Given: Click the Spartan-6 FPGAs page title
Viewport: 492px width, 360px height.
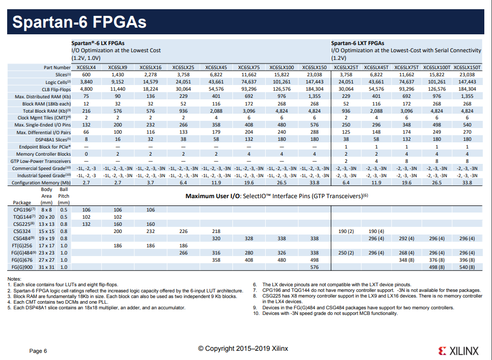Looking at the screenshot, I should [x=79, y=23].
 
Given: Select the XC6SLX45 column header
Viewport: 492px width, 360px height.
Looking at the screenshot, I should [x=216, y=67].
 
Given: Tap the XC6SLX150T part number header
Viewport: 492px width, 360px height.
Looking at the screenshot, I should [x=467, y=67].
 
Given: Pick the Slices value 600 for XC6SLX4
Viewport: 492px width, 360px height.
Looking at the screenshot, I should [x=86, y=75].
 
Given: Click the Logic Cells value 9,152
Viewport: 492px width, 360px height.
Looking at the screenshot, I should [x=118, y=82].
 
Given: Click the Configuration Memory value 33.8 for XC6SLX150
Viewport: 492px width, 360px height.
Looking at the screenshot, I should [x=314, y=182].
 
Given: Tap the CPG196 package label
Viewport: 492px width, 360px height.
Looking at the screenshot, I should [x=24, y=210].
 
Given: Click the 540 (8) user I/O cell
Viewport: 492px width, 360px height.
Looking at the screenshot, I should [x=467, y=267].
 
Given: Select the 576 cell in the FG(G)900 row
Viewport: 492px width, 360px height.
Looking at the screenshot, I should [x=314, y=267].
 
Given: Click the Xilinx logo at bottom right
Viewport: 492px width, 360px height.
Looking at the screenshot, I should [x=459, y=351].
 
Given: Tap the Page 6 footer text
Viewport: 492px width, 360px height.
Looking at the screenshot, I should [x=38, y=351].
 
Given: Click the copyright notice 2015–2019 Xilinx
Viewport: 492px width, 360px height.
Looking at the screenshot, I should [x=243, y=349].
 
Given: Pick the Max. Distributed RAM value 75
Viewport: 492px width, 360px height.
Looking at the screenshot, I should [x=86, y=96].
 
